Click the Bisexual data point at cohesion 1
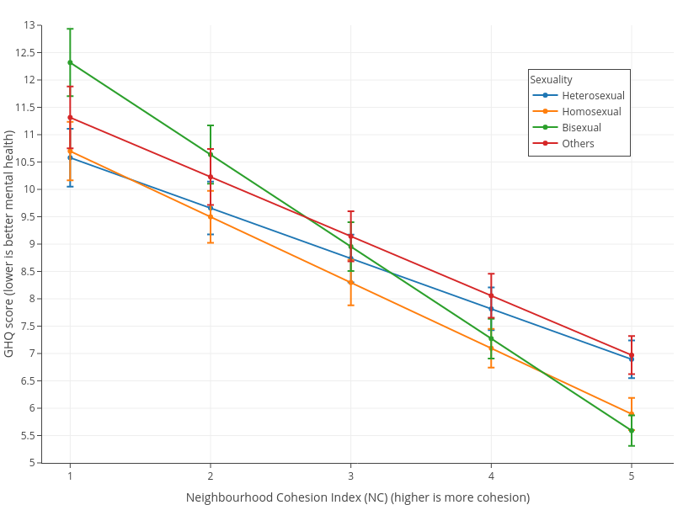coord(70,62)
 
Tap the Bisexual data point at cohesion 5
coord(632,430)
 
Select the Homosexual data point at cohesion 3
coord(350,282)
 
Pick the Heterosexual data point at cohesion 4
coord(491,309)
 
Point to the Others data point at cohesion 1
coord(70,117)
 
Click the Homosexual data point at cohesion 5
coord(632,414)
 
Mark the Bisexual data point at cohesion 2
coord(211,154)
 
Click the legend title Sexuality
coord(552,79)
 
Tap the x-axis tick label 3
coord(350,476)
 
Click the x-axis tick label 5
coord(632,476)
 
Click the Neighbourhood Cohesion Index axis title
coord(358,497)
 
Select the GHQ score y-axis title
coord(9,244)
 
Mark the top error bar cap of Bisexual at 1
coord(70,29)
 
